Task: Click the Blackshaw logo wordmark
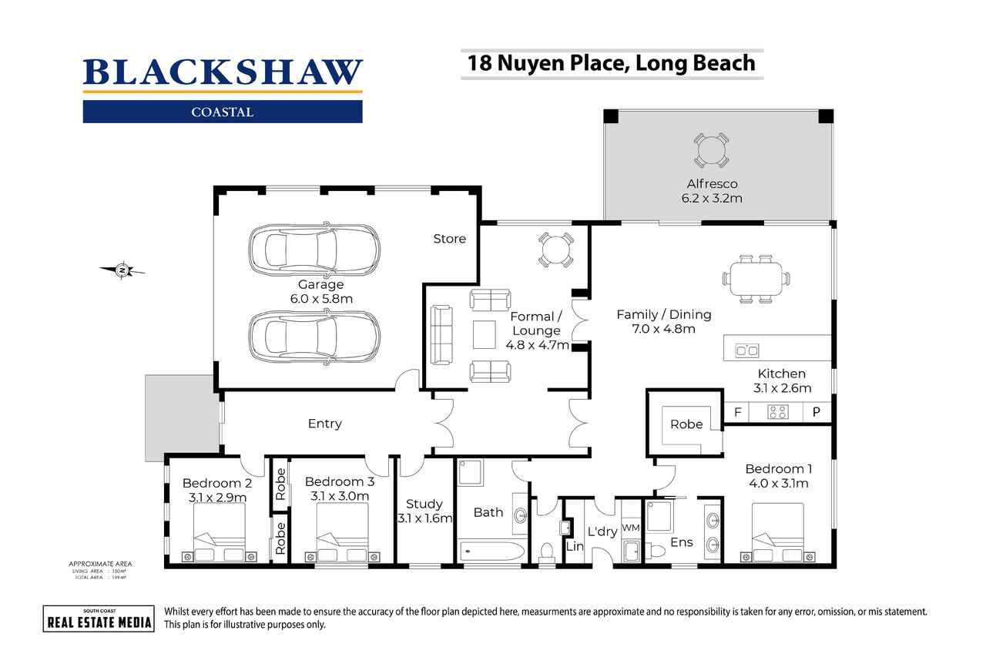click(x=223, y=72)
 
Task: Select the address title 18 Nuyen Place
click(x=608, y=62)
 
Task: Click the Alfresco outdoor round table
click(x=710, y=150)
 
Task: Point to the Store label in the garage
click(x=449, y=239)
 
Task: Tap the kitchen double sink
click(x=746, y=350)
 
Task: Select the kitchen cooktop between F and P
click(x=777, y=412)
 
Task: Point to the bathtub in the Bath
click(x=490, y=551)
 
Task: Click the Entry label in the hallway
click(x=324, y=424)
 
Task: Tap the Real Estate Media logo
click(x=98, y=618)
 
